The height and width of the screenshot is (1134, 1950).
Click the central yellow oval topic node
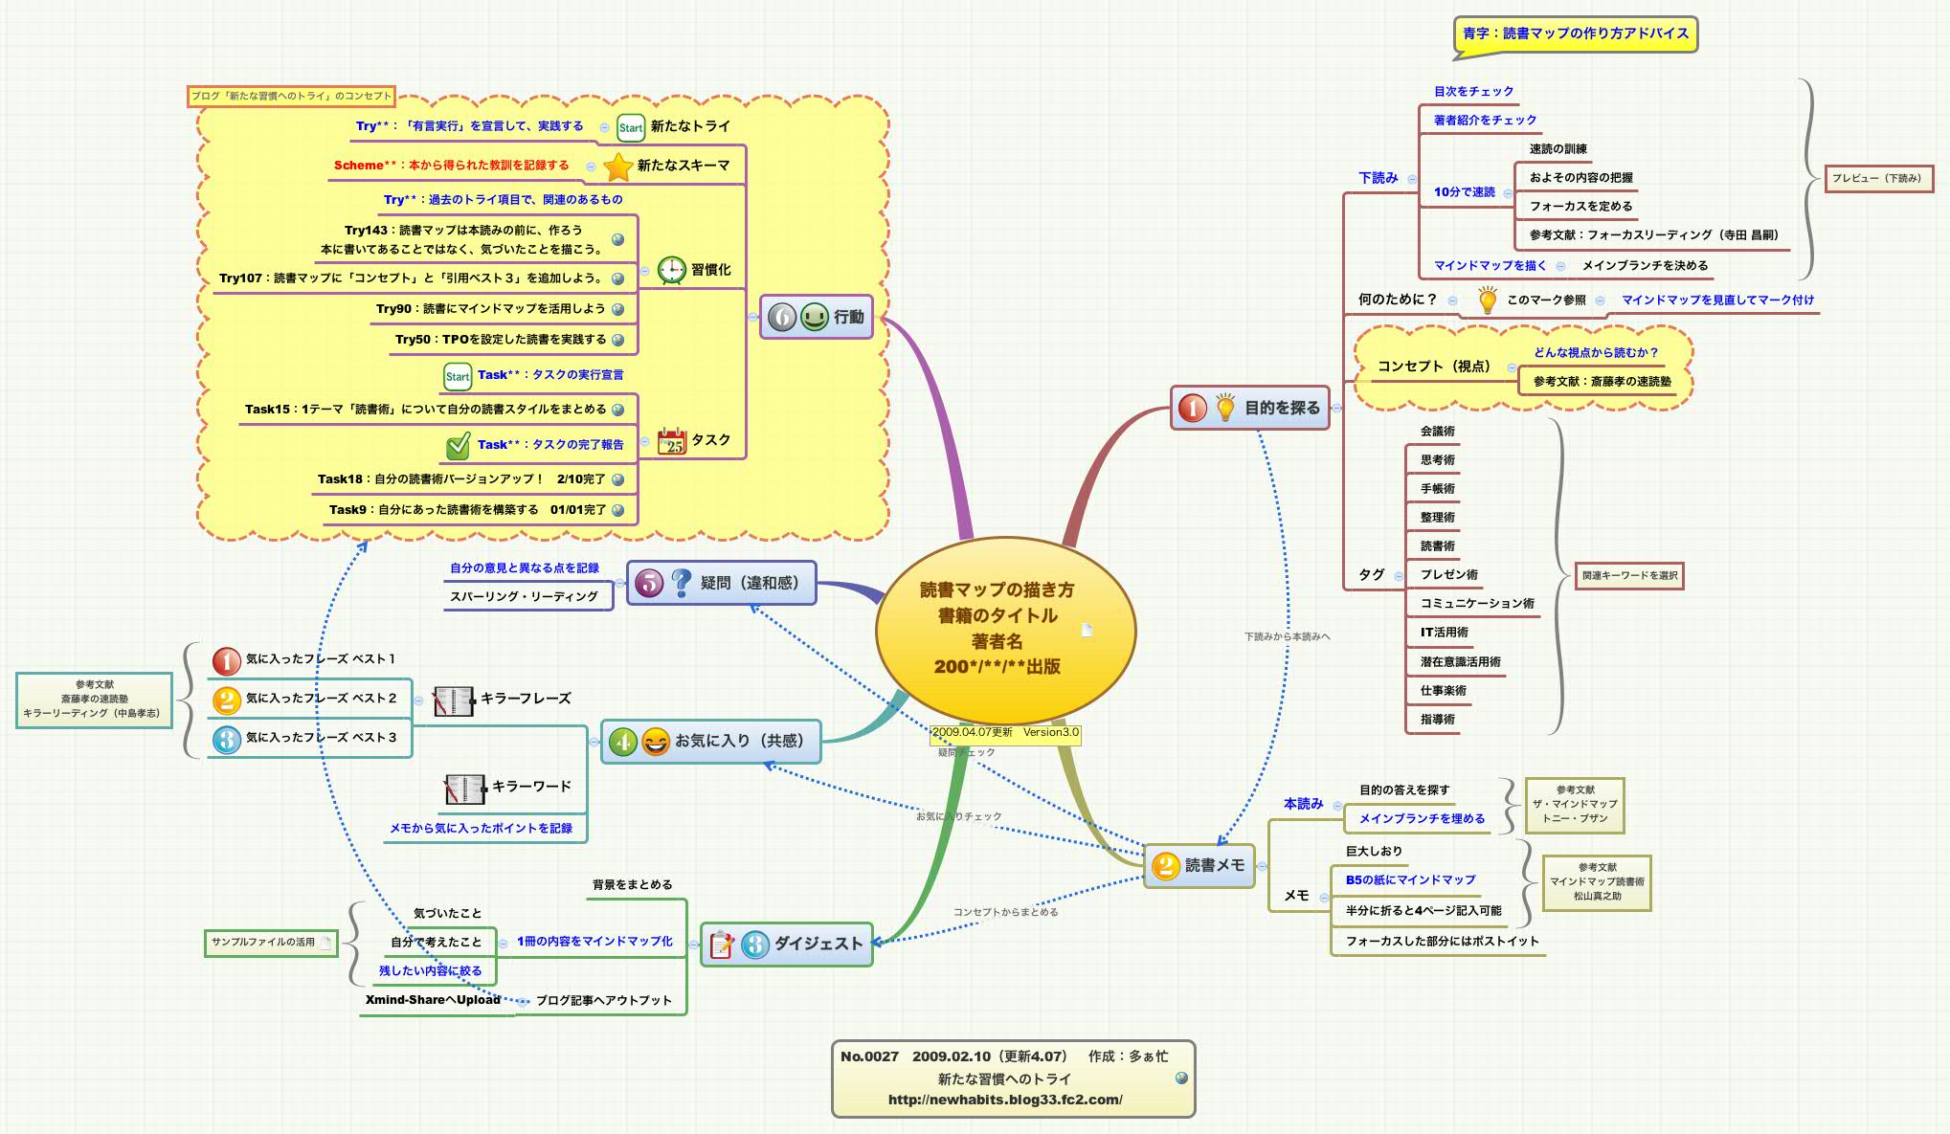pyautogui.click(x=1004, y=629)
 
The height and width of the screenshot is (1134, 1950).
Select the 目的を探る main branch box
pyautogui.click(x=1249, y=408)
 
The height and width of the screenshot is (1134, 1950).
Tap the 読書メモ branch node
pyautogui.click(x=1199, y=865)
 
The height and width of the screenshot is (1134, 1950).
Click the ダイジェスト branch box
pyautogui.click(x=787, y=944)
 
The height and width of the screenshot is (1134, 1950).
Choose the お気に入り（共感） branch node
pyautogui.click(x=711, y=741)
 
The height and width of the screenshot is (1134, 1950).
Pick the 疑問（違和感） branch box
pyautogui.click(x=722, y=583)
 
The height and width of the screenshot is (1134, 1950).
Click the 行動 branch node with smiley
pyautogui.click(x=817, y=317)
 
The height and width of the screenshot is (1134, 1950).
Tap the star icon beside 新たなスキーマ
pyautogui.click(x=618, y=167)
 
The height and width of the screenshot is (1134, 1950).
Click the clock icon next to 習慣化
pyautogui.click(x=672, y=270)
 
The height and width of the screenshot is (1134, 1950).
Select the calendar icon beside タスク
pyautogui.click(x=672, y=440)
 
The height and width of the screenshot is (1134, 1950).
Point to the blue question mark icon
pyautogui.click(x=681, y=583)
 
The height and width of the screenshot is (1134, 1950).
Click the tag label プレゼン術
pyautogui.click(x=1448, y=575)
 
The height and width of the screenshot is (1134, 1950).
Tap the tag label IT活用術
pyautogui.click(x=1444, y=633)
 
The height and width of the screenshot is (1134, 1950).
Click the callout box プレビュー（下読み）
pyautogui.click(x=1877, y=178)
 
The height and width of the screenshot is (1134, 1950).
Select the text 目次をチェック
pyautogui.click(x=1473, y=92)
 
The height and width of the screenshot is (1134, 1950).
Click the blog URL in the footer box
pyautogui.click(x=1005, y=1100)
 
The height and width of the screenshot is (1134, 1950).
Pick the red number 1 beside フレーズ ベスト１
pyautogui.click(x=226, y=660)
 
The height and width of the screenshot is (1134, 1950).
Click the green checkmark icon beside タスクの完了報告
pyautogui.click(x=458, y=445)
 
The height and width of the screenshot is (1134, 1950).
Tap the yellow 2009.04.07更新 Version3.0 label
pyautogui.click(x=1005, y=733)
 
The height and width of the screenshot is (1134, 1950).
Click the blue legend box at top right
pyautogui.click(x=1575, y=33)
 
